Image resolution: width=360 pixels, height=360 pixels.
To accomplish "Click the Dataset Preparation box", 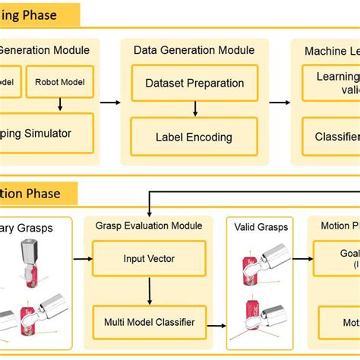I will coord(194,84).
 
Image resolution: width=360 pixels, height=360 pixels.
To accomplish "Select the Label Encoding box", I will coord(194,137).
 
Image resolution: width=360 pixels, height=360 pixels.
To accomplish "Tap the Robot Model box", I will coord(60,82).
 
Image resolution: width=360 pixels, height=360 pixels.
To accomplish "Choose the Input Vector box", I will coord(149,258).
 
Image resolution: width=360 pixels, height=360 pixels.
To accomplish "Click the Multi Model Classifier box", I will coord(149,322).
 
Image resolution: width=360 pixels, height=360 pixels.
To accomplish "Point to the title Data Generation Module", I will coord(194,50).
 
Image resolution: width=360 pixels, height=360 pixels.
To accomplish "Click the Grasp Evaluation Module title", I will coord(149,226).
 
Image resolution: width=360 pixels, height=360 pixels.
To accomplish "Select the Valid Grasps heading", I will coord(259,226).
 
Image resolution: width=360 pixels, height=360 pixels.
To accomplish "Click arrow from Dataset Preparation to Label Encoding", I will coord(194,109).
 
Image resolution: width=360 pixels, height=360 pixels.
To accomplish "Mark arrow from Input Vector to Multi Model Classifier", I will coord(149,290).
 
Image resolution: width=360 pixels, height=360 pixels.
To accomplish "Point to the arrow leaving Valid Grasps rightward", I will coord(300,258).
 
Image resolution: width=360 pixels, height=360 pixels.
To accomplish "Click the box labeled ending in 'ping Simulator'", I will coord(46,134).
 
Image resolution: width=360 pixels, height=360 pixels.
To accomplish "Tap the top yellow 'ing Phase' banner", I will coord(38,14).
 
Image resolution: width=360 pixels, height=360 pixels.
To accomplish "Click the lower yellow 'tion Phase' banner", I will coord(38,193).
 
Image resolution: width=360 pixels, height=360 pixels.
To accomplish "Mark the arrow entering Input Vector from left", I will coord(82,258).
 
